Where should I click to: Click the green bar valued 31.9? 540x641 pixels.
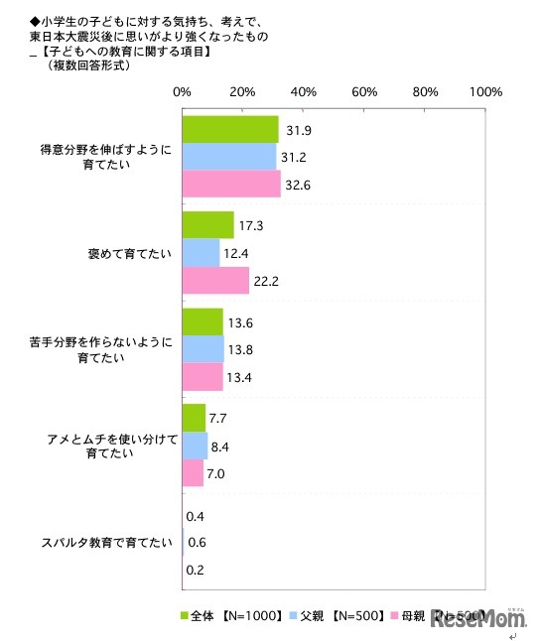230,130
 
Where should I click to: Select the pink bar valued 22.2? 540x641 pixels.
215,281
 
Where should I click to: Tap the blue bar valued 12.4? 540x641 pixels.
201,253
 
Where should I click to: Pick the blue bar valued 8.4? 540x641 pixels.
195,446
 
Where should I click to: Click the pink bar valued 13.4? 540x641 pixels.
202,377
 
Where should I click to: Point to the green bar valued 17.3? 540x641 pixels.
208,225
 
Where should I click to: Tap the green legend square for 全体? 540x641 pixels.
185,614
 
